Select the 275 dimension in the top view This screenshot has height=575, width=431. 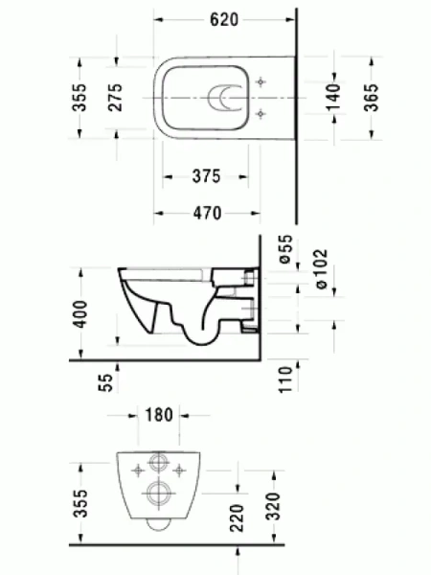[115, 98]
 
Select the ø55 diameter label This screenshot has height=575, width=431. [284, 248]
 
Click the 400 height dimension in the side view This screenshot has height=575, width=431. [80, 313]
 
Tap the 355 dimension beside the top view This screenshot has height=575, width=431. [80, 98]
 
